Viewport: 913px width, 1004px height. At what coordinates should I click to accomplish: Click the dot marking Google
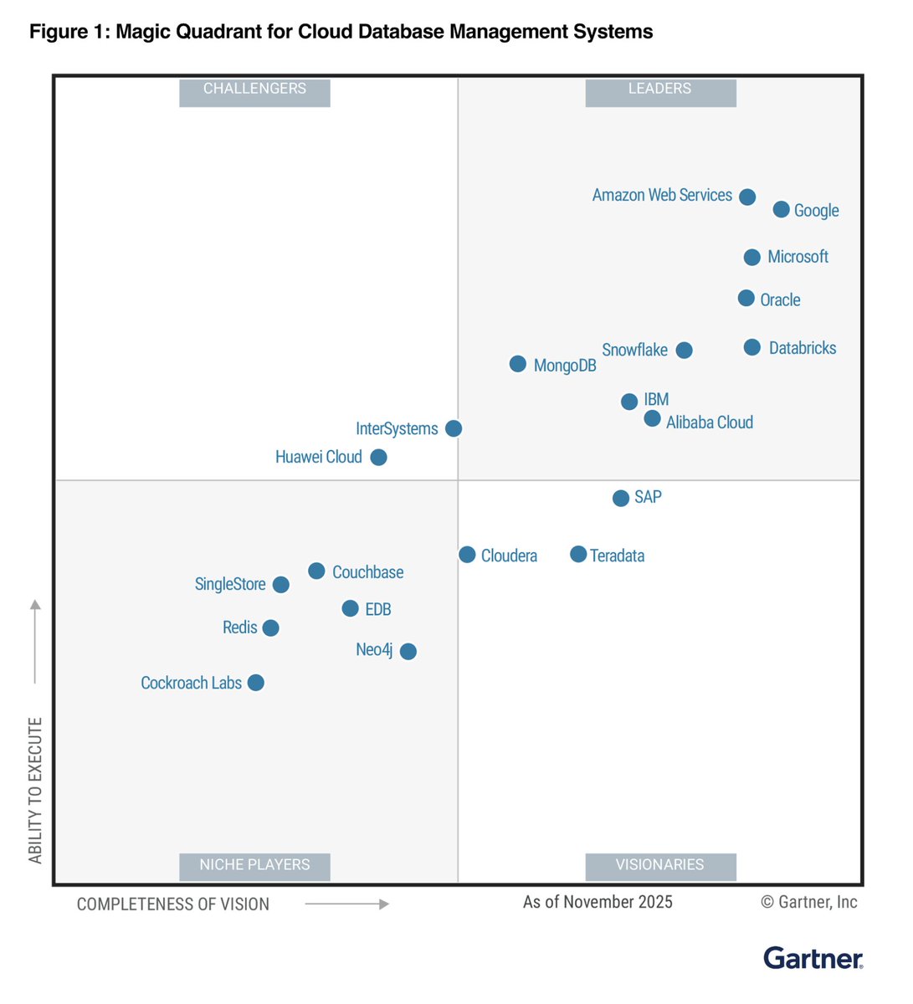(781, 209)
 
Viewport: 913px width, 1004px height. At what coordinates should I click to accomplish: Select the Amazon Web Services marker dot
(747, 197)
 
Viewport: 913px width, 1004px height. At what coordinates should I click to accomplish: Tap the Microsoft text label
(798, 257)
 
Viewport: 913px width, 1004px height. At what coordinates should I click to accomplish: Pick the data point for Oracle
(746, 298)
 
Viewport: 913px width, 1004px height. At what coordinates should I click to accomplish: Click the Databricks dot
(752, 347)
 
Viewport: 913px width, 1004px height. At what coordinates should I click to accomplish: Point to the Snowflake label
(634, 350)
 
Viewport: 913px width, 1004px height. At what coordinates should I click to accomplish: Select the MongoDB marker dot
(518, 364)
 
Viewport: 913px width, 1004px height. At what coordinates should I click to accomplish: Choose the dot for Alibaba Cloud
(653, 418)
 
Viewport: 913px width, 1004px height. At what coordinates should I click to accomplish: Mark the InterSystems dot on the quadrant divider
(454, 428)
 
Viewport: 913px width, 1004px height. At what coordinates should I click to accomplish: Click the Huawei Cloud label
(319, 457)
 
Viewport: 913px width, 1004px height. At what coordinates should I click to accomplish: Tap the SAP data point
(621, 498)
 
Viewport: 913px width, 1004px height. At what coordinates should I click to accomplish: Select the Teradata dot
(578, 554)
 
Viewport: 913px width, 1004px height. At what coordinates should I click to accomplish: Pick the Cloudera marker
(468, 555)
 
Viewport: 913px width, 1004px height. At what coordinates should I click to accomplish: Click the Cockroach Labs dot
(256, 683)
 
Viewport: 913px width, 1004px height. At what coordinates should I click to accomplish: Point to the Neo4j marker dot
(408, 651)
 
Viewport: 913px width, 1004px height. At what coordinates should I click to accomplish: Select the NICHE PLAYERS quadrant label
(254, 866)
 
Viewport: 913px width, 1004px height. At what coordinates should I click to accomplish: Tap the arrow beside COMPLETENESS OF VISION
(347, 904)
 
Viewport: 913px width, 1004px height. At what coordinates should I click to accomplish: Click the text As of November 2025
(598, 902)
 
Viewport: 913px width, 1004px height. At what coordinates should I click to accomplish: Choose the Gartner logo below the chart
(813, 958)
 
